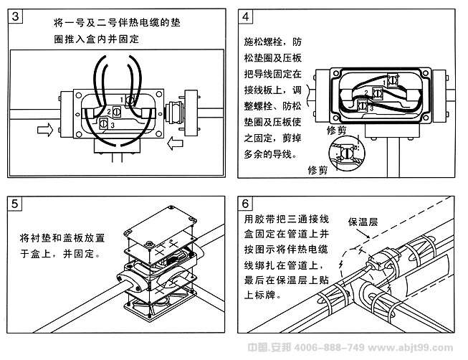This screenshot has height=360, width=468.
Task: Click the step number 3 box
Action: pyautogui.click(x=15, y=16)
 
